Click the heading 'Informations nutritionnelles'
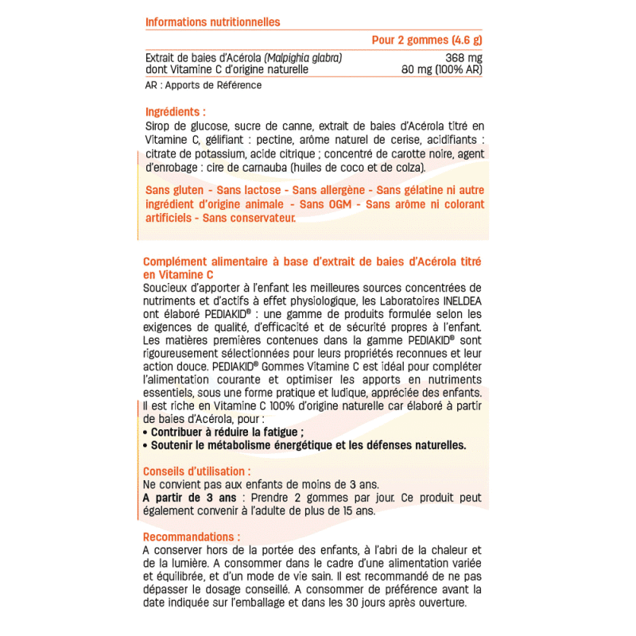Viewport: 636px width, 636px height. click(212, 22)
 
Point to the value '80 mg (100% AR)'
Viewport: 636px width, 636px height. click(442, 70)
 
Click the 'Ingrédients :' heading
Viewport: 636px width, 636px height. click(176, 112)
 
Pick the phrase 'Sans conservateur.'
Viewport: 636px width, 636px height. click(248, 217)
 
